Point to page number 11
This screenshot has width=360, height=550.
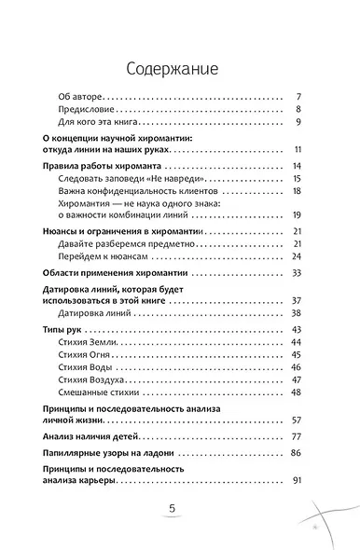coord(294,149)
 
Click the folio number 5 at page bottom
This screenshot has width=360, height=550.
coord(172,509)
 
